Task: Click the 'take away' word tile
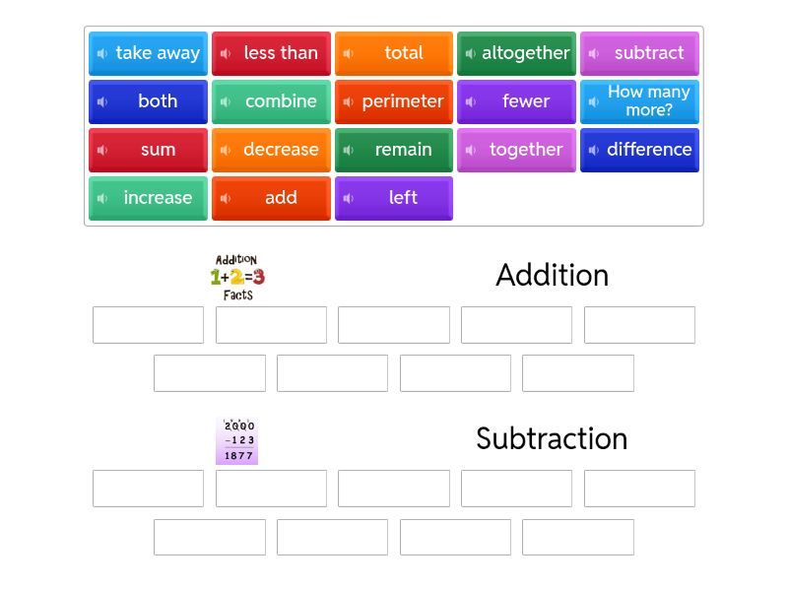tap(148, 53)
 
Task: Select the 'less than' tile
tap(271, 53)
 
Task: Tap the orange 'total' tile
tap(394, 53)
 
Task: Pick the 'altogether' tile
tap(516, 53)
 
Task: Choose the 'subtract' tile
tap(639, 53)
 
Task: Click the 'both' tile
tap(148, 101)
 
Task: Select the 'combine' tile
tap(271, 101)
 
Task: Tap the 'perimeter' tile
tap(394, 101)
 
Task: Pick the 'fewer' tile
tap(516, 101)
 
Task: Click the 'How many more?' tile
tap(639, 101)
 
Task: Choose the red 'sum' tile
tap(148, 150)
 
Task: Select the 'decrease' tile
tap(271, 150)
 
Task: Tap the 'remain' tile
tap(394, 150)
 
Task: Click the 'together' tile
tap(516, 150)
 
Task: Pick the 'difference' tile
tap(639, 150)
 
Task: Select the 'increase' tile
tap(148, 198)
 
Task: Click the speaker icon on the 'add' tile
tap(226, 198)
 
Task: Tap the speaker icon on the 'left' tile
tap(349, 198)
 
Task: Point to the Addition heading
tap(552, 275)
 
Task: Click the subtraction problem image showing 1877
tap(237, 440)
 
